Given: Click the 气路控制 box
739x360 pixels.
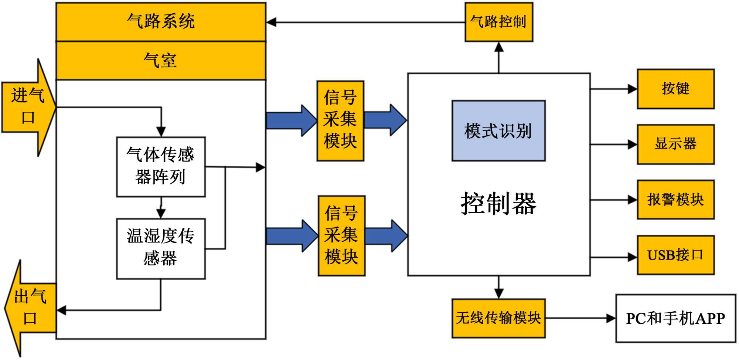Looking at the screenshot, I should click(498, 22).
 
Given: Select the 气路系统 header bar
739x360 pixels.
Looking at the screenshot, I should click(161, 21).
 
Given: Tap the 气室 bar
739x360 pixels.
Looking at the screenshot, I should click(161, 61).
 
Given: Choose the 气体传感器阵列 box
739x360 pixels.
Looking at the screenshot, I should click(161, 167).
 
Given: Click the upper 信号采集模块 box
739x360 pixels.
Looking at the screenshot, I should click(340, 121).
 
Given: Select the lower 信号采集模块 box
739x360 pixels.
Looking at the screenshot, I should click(341, 236).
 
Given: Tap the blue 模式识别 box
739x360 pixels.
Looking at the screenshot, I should click(498, 131).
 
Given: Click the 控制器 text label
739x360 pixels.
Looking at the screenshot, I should click(498, 204).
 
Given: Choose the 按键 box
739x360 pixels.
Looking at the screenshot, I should click(675, 89).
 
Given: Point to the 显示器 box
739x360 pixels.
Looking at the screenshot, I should click(675, 144).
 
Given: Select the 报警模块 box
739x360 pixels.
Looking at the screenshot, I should click(675, 200).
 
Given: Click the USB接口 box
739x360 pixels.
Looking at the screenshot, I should click(675, 255).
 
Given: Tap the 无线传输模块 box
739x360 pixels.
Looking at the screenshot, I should click(498, 318).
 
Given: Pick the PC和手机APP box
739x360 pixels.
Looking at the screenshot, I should click(675, 318).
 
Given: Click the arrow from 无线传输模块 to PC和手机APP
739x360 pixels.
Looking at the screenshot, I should click(580, 318).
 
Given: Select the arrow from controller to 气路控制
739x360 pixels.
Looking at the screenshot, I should click(499, 57).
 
